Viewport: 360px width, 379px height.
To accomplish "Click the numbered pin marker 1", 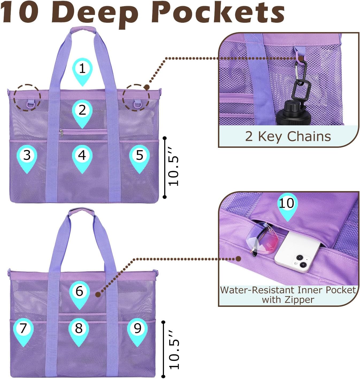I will (x=82, y=70).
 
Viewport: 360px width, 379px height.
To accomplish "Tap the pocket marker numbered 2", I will (x=82, y=112).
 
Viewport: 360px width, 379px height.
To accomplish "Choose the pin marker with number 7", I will (x=23, y=330).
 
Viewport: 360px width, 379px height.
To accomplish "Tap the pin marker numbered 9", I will (x=137, y=330).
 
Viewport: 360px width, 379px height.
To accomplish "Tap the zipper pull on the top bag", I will (x=61, y=132).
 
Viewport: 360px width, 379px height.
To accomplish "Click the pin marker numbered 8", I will (x=79, y=330).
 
